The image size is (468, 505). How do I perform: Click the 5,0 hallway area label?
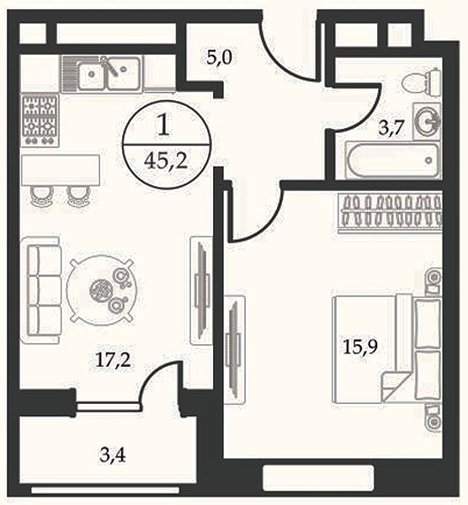(x=220, y=58)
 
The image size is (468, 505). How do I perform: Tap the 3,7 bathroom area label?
(x=391, y=128)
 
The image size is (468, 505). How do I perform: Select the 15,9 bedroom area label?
(x=360, y=347)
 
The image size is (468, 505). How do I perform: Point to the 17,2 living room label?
(x=114, y=359)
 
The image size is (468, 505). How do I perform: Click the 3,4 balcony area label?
(x=113, y=454)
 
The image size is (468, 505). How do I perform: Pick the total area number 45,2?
(x=166, y=161)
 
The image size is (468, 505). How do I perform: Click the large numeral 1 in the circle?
(x=164, y=125)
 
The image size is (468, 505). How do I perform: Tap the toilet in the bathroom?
(x=422, y=82)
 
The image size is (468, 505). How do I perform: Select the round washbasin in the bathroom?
(x=427, y=121)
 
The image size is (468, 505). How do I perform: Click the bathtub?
(x=393, y=160)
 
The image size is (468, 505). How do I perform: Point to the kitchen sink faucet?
(x=109, y=66)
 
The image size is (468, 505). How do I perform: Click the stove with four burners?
(x=40, y=120)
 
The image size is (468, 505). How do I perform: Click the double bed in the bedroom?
(x=386, y=348)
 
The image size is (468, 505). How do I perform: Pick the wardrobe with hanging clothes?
(x=390, y=212)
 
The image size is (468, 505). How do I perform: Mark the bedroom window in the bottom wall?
(x=318, y=478)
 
